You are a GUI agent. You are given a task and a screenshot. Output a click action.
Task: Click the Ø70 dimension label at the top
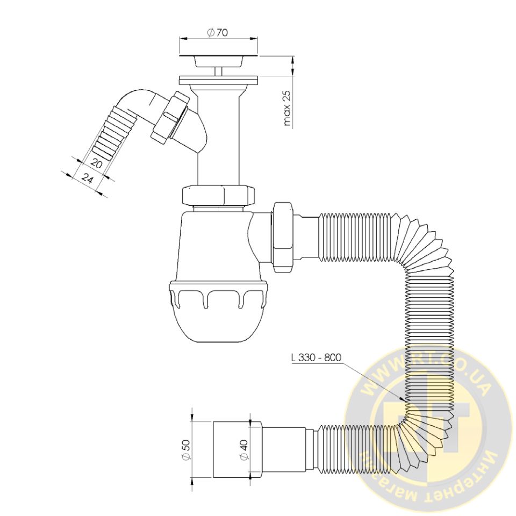tap(217, 32)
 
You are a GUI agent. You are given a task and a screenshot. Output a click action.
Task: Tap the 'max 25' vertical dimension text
tap(287, 108)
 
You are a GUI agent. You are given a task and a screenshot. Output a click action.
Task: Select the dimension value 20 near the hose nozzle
tap(96, 164)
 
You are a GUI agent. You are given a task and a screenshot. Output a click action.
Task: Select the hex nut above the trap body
tap(219, 196)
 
